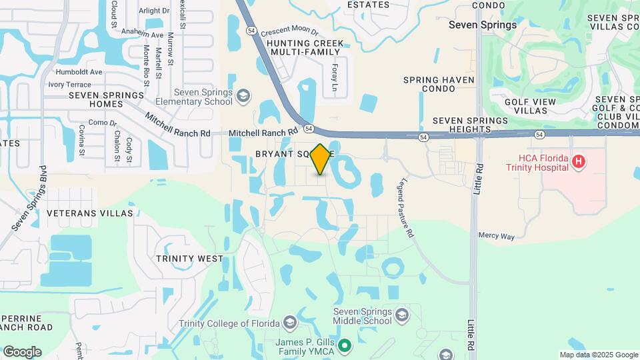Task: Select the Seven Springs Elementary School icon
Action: (243, 97)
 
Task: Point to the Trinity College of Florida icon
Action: (289, 323)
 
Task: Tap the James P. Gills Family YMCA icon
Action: (344, 345)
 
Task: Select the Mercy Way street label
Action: (497, 236)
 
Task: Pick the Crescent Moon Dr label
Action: (290, 32)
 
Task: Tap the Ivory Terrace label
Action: (69, 85)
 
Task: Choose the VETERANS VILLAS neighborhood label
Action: (90, 213)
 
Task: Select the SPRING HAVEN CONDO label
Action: (439, 85)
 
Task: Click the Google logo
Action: (22, 351)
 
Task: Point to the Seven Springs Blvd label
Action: (28, 199)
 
